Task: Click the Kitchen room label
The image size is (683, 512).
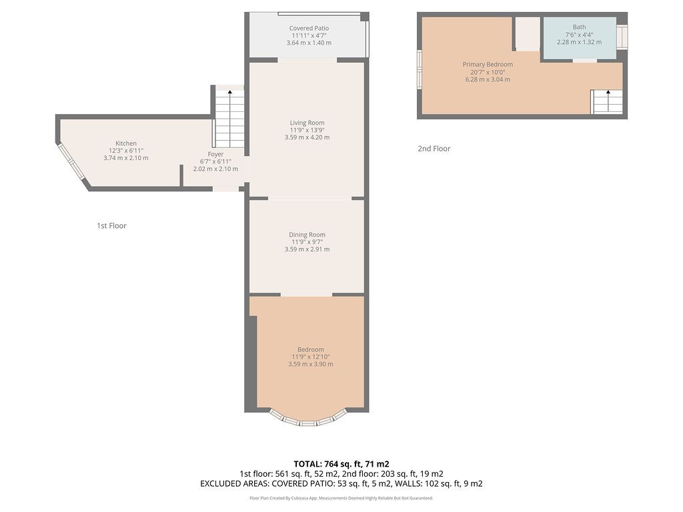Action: (x=126, y=143)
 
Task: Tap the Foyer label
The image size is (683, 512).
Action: (x=215, y=154)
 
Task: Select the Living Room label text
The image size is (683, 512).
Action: (x=307, y=123)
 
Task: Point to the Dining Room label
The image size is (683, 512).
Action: (x=307, y=235)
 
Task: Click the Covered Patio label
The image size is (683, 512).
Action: (x=309, y=28)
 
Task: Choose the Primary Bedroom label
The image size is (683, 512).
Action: (x=488, y=65)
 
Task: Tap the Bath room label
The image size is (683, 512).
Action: (x=579, y=27)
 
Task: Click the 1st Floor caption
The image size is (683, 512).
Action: (x=111, y=225)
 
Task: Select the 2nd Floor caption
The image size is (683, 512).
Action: (x=434, y=149)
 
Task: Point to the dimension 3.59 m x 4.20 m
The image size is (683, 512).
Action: (x=307, y=137)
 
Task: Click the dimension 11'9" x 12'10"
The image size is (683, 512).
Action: (x=311, y=357)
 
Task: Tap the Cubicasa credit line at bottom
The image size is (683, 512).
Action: (x=341, y=498)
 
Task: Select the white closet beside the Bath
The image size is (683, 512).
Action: (x=528, y=34)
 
